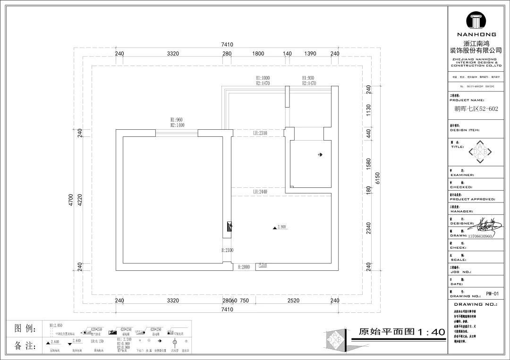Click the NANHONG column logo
pos(479,21)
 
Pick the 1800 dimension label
pos(258,54)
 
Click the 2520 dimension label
pos(293,301)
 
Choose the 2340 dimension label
pos(368,228)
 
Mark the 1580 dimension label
pos(368,164)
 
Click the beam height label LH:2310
pos(260,133)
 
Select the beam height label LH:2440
pos(260,192)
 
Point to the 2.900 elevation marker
pos(280,227)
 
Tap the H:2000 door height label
pos(243,267)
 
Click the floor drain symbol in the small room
pos(320,155)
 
